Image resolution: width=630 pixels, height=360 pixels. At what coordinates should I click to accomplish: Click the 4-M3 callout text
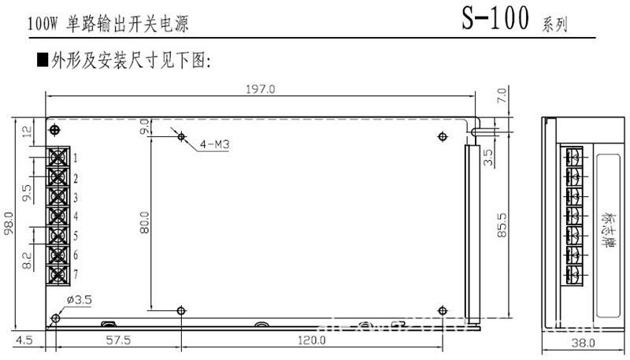tap(215, 144)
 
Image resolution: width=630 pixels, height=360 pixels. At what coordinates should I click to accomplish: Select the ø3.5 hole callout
tap(81, 300)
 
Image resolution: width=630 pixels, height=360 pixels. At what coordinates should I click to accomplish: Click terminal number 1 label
tap(75, 158)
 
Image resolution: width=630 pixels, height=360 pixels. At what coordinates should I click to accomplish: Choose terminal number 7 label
tap(75, 273)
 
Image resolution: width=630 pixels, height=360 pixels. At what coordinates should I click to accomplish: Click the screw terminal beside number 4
tap(57, 215)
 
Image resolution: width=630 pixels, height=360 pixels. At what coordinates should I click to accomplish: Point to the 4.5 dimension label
tap(26, 340)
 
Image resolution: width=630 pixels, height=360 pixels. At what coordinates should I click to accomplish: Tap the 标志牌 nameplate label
tap(606, 221)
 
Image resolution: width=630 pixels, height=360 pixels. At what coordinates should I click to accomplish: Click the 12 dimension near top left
tap(27, 132)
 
